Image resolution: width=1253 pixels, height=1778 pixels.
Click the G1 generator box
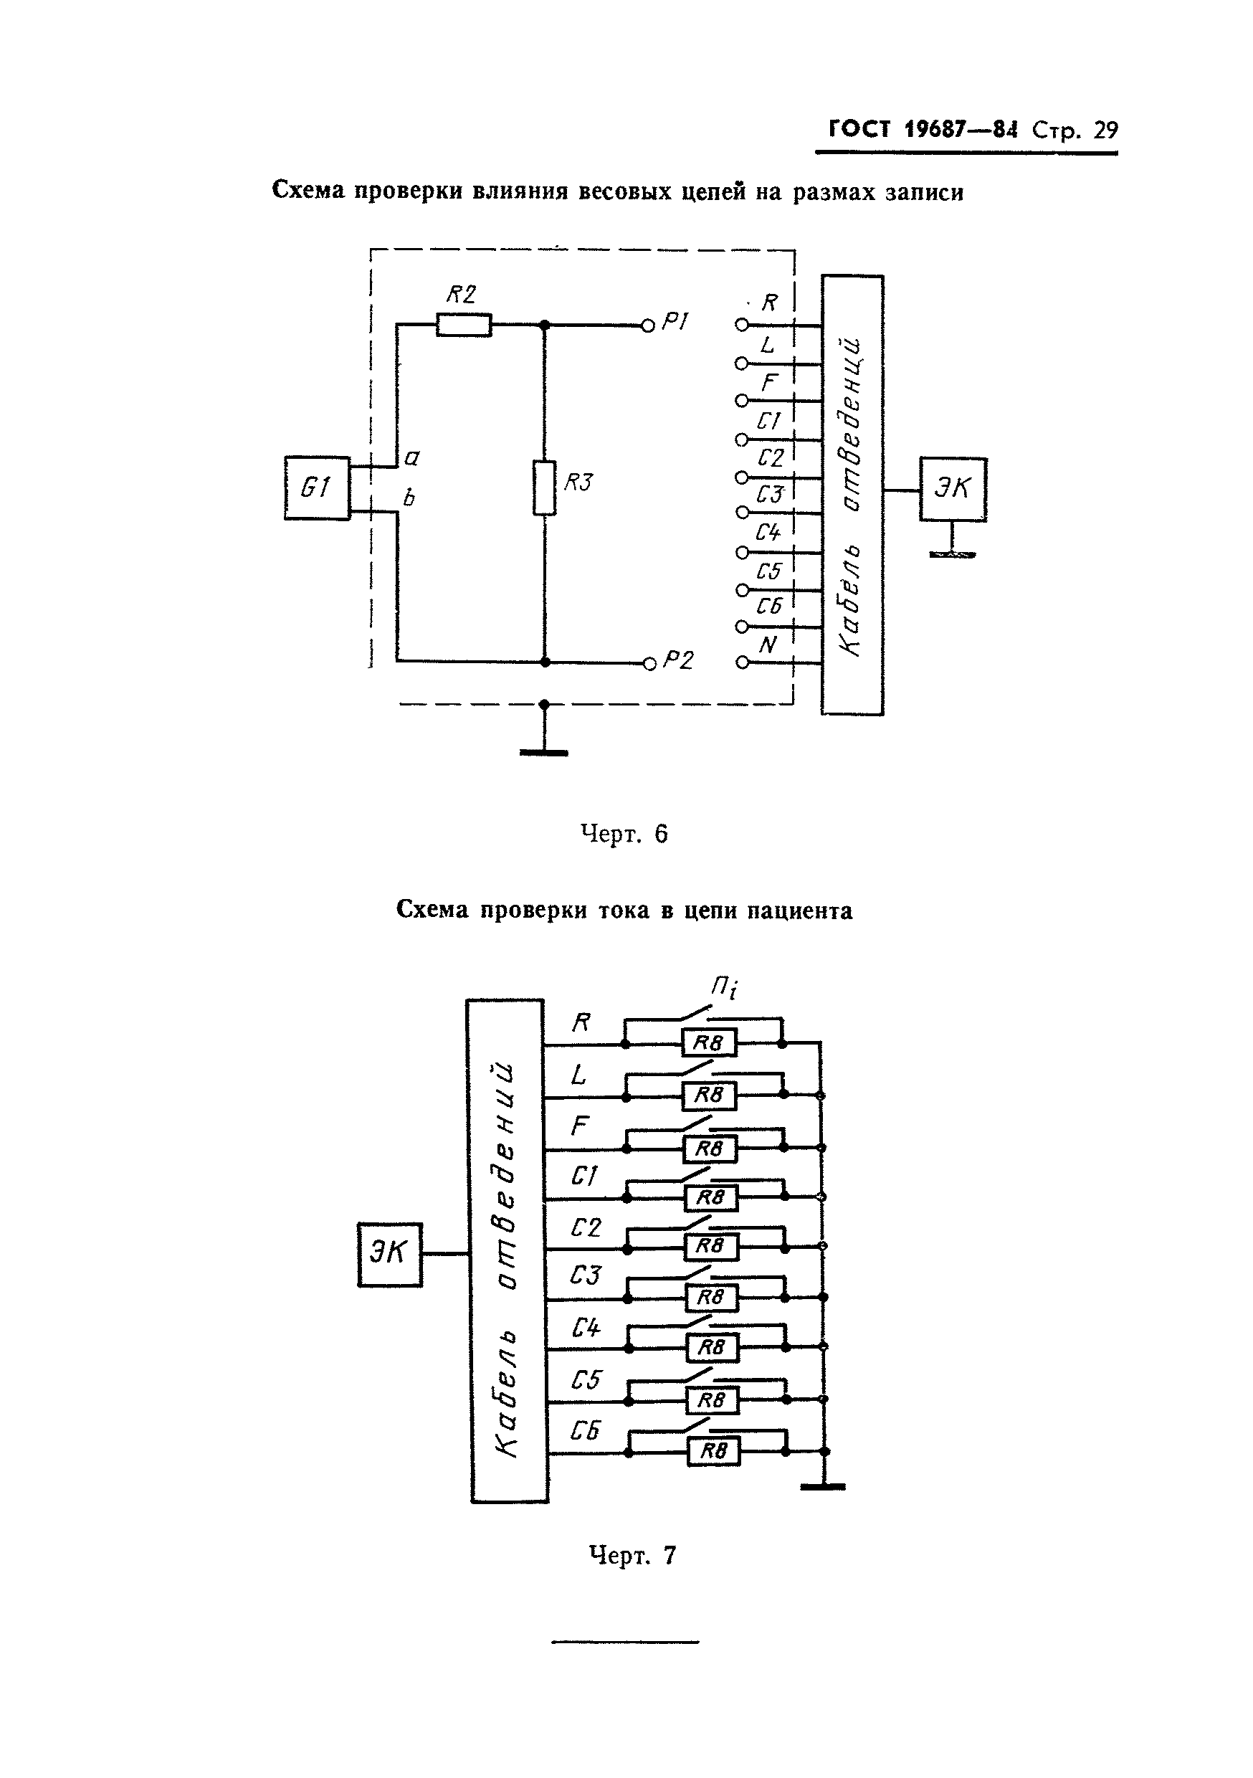[x=317, y=488]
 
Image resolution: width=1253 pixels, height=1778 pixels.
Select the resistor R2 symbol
[x=463, y=325]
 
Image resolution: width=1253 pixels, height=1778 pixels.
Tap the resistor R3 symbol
[x=544, y=488]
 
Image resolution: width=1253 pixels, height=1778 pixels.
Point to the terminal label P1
[x=675, y=322]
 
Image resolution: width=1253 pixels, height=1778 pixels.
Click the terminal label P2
[x=678, y=660]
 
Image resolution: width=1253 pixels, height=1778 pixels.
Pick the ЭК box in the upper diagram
[x=953, y=489]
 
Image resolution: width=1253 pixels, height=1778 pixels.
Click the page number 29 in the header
[x=1105, y=130]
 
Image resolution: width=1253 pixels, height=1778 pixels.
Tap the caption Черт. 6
[x=624, y=834]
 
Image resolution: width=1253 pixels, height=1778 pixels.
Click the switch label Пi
[x=724, y=987]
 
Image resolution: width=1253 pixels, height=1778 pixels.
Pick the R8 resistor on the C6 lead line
[x=713, y=1450]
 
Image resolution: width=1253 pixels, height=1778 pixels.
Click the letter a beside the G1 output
[x=412, y=457]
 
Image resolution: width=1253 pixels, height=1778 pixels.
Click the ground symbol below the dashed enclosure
[x=544, y=751]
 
